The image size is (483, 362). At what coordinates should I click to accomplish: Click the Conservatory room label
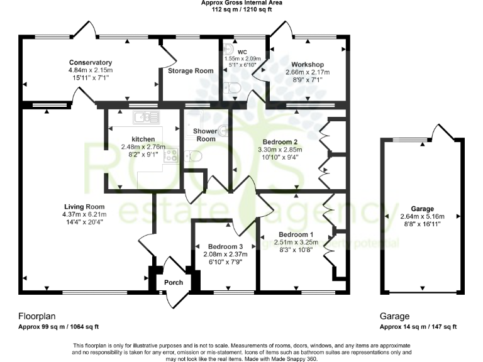91,62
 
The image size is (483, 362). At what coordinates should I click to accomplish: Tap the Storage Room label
191,71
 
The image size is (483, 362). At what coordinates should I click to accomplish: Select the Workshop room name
308,65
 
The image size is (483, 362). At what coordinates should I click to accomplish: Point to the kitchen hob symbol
171,154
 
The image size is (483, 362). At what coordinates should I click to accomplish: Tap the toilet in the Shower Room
194,156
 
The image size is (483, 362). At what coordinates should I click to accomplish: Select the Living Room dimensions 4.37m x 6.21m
84,214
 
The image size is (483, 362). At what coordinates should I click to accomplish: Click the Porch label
174,282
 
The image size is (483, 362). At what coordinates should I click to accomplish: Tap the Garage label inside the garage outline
422,209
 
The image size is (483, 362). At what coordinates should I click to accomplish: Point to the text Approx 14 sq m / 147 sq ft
418,327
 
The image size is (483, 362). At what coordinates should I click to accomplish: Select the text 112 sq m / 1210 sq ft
241,10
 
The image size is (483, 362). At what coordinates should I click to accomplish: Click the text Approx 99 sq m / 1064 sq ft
58,327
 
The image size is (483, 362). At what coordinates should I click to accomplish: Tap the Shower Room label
206,134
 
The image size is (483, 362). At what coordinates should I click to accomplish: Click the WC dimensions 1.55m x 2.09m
243,58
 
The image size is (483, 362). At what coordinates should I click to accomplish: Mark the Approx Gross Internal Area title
241,3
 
